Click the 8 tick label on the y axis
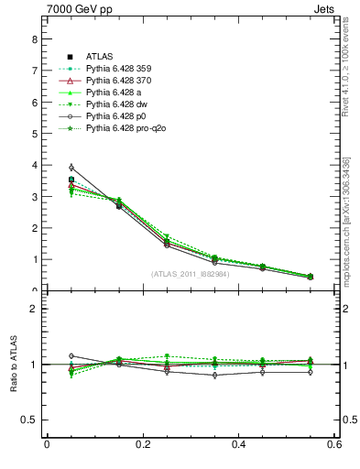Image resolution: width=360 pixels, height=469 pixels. (34, 39)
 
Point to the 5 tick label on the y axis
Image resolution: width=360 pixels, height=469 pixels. (34, 134)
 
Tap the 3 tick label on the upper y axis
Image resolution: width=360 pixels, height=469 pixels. (34, 197)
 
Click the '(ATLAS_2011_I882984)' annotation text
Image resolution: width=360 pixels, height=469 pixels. (191, 274)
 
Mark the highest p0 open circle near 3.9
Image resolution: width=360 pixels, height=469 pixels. (71, 168)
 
